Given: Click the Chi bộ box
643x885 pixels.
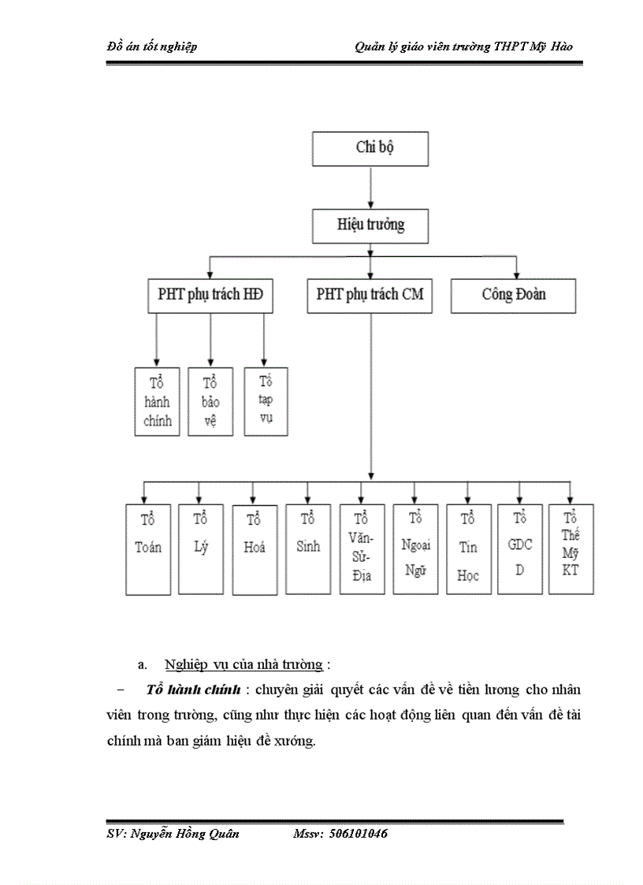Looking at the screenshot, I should click(370, 149).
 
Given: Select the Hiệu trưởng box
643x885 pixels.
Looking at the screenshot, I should click(370, 225).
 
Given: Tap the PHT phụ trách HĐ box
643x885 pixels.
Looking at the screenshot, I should click(210, 296).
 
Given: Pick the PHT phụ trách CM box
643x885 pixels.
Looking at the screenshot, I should click(370, 296).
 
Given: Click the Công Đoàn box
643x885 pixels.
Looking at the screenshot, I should click(513, 296).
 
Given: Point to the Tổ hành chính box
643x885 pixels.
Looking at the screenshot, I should click(158, 401).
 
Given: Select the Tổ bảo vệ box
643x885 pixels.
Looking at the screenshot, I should click(210, 401).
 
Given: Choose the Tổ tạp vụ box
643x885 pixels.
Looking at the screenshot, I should click(266, 400).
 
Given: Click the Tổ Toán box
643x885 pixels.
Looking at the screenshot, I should click(148, 549).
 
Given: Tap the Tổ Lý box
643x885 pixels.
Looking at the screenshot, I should click(200, 549).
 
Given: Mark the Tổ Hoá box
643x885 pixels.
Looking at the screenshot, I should click(254, 549).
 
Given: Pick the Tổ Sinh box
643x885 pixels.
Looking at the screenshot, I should click(308, 549).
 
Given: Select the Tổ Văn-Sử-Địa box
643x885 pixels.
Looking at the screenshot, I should click(362, 549).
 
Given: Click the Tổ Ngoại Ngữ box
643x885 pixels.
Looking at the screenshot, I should click(415, 549).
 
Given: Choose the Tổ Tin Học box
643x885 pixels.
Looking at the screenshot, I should click(468, 549).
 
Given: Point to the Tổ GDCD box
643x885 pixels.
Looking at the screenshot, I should click(519, 549).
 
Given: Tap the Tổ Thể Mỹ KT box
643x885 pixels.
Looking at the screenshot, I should click(571, 549).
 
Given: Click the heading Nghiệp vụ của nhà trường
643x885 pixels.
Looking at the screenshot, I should click(244, 664).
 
